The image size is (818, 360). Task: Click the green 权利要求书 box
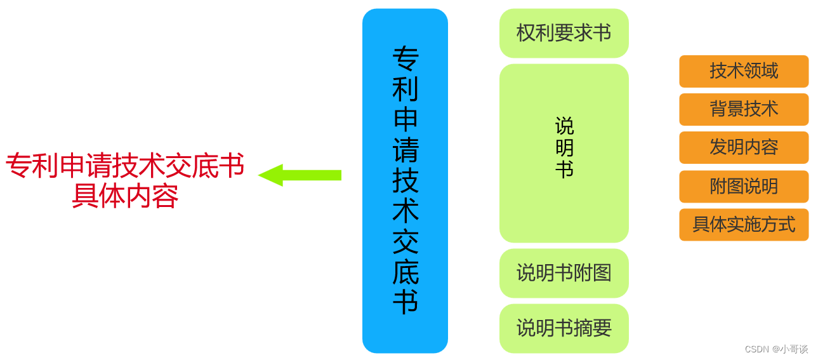pos(564,33)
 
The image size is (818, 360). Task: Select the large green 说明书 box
pos(564,153)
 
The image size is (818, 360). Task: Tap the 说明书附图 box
pos(564,273)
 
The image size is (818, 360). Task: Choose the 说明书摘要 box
pos(564,328)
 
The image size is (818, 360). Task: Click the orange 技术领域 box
pos(744,71)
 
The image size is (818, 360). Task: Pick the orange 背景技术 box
pos(744,109)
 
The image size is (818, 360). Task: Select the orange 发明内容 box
pos(744,147)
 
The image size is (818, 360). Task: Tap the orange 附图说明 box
pos(744,187)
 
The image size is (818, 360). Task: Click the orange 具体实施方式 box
pos(744,225)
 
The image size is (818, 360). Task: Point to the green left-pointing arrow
pos(300,175)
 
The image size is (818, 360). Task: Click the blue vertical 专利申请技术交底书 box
pos(405,181)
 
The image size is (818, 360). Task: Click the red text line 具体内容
pos(125,196)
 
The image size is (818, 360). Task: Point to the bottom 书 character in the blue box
pos(405,302)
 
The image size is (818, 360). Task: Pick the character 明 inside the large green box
pos(564,148)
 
